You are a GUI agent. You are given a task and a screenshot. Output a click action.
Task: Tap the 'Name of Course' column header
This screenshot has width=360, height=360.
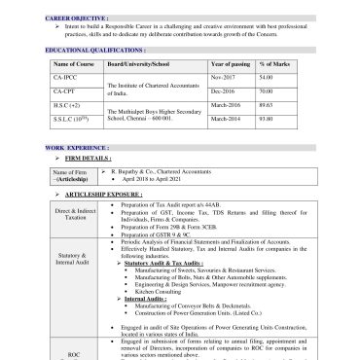click(71, 62)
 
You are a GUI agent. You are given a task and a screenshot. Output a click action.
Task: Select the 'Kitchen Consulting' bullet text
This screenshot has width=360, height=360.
click(159, 291)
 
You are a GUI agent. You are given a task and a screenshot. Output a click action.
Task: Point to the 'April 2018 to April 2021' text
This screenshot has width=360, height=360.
click(156, 179)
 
